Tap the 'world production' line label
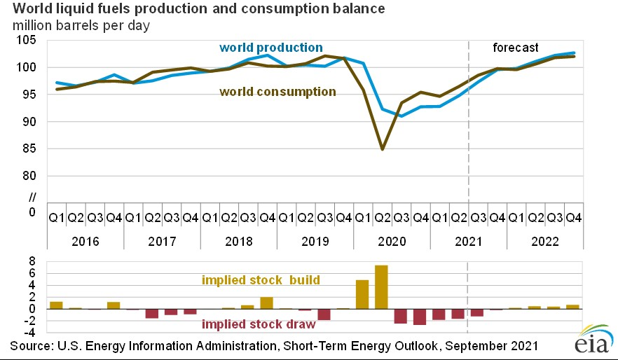point(270,48)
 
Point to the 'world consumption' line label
point(277,92)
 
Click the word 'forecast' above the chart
point(514,48)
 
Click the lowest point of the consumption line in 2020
point(382,148)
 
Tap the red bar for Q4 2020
point(420,317)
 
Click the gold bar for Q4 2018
point(267,303)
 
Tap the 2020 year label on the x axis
point(391,240)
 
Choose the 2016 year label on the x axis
point(85,240)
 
